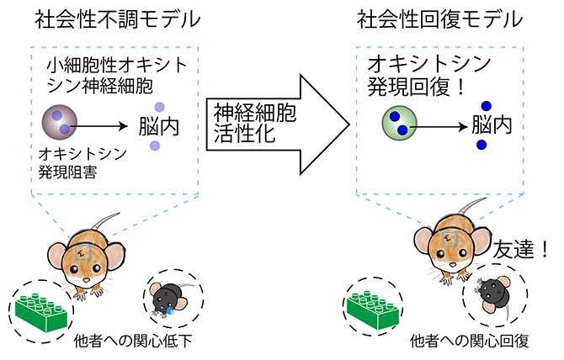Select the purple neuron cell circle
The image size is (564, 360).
tap(60, 128)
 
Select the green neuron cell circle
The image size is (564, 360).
tap(396, 124)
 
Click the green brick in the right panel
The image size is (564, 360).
tap(379, 305)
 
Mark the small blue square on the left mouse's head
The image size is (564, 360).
tap(83, 250)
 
